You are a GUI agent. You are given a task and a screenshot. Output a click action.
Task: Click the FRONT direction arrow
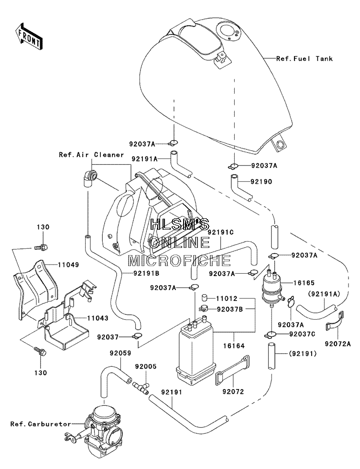[29, 35]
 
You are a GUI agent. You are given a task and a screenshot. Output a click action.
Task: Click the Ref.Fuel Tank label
[305, 58]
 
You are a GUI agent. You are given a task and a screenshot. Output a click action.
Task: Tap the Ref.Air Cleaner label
[91, 155]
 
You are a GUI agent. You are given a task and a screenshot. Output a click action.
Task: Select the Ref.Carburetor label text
[41, 424]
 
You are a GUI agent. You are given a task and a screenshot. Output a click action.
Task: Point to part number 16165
[304, 283]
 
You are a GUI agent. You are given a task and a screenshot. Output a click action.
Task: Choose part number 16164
[234, 346]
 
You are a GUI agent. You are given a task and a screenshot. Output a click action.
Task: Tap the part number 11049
[68, 265]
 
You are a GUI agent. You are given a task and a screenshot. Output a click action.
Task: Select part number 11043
[98, 318]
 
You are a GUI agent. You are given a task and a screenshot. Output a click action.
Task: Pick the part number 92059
[120, 353]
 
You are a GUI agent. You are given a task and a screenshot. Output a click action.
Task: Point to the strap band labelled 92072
[232, 370]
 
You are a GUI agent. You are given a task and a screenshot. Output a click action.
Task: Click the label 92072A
[338, 344]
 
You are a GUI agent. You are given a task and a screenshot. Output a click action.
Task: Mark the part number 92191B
[142, 273]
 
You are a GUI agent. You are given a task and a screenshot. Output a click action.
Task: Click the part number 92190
[262, 181]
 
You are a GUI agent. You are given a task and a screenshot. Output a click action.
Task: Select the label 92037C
[302, 334]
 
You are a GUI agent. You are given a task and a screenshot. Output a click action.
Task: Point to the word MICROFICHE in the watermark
[179, 260]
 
